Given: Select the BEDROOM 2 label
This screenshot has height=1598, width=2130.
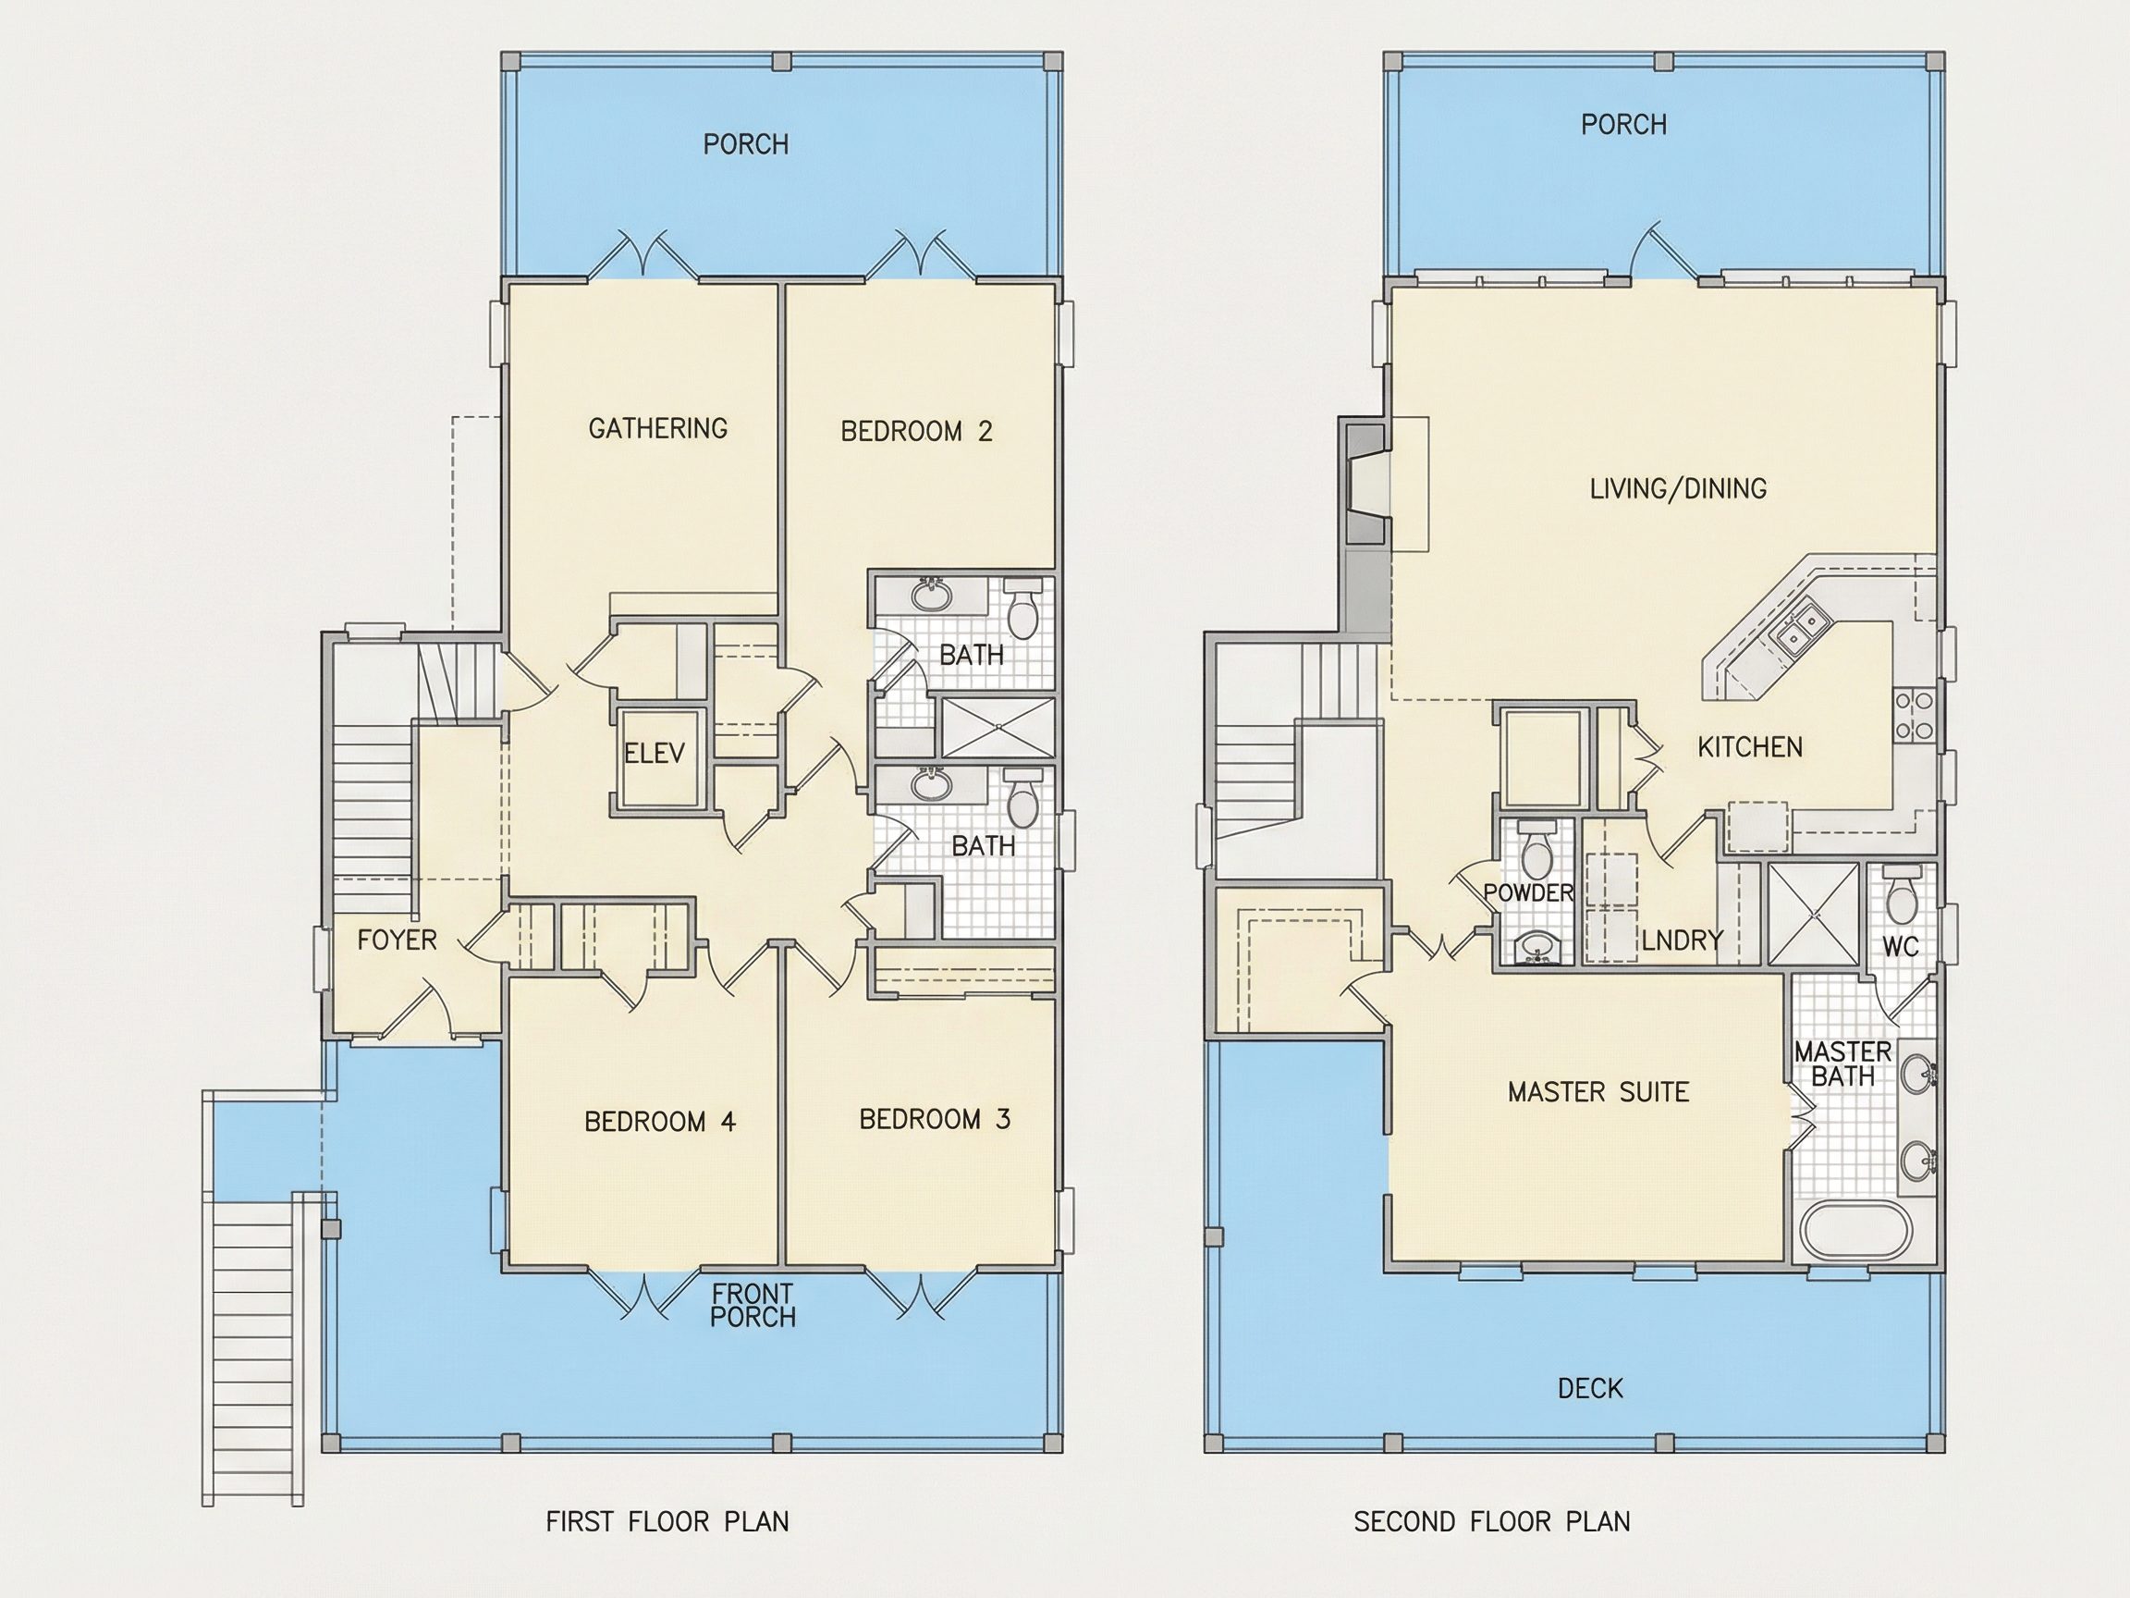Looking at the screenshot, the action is [916, 431].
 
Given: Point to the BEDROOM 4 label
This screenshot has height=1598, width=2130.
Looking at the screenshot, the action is [659, 1121].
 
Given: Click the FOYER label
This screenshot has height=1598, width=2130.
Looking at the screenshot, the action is [397, 940].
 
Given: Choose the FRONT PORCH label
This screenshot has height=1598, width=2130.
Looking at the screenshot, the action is [753, 1305].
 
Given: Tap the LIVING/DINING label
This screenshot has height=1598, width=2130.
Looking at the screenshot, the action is [1677, 488].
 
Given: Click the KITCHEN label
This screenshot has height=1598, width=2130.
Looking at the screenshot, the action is [1750, 746].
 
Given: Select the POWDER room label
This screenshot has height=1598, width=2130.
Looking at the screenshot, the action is [1528, 893].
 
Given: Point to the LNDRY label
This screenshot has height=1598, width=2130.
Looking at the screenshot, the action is [1683, 940].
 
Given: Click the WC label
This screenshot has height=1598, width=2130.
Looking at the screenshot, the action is [1901, 947].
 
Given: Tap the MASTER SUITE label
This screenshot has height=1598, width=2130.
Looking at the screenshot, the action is [1598, 1091].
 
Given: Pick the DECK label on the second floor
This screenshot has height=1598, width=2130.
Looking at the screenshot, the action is [1591, 1388].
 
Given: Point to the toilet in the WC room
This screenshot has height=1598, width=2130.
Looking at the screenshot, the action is [1902, 895].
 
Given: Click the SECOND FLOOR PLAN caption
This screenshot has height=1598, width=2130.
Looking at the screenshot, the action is [1491, 1521].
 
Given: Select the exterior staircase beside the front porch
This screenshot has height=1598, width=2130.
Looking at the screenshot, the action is [253, 1348].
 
